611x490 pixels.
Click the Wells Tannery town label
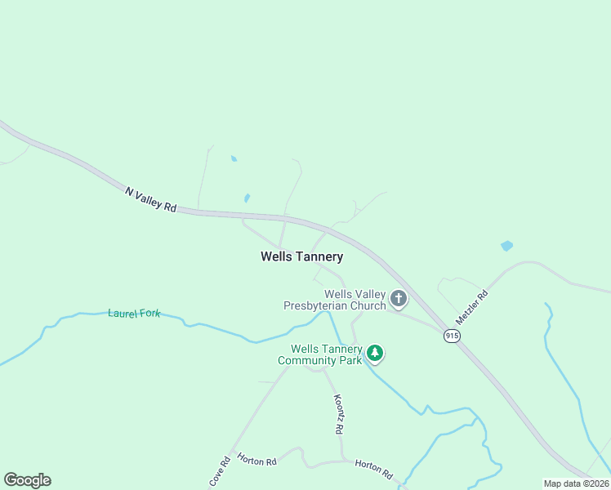(301, 256)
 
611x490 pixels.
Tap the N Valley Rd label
(151, 200)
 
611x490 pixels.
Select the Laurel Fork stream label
(134, 313)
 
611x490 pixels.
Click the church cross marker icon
(399, 299)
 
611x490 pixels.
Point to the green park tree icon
(375, 354)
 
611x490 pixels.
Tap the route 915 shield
(452, 336)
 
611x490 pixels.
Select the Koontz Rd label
(338, 414)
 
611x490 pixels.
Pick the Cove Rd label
(218, 472)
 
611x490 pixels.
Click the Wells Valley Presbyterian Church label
(335, 300)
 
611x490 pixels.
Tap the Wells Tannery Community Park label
(320, 354)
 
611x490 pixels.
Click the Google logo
(27, 480)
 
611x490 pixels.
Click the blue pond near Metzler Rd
(506, 245)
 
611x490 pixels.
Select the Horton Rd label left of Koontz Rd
(257, 461)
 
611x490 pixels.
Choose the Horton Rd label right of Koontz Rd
(373, 469)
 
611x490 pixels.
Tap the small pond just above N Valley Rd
(247, 198)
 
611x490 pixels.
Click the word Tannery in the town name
(320, 256)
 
